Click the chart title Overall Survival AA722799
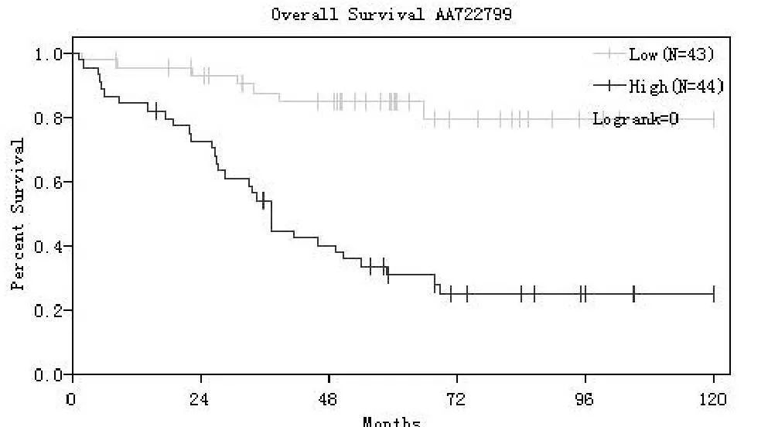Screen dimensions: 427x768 (x=391, y=14)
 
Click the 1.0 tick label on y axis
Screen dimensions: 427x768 (x=49, y=54)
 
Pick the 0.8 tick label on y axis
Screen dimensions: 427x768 (x=49, y=118)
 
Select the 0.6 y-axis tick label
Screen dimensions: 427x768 (x=49, y=183)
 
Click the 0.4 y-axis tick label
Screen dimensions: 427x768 (x=49, y=247)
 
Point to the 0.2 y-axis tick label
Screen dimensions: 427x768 (x=49, y=311)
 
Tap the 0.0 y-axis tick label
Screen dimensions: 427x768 (x=49, y=375)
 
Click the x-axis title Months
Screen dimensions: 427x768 (x=392, y=422)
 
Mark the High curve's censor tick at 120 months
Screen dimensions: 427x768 (x=713, y=294)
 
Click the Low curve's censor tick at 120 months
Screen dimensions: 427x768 (x=713, y=119)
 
